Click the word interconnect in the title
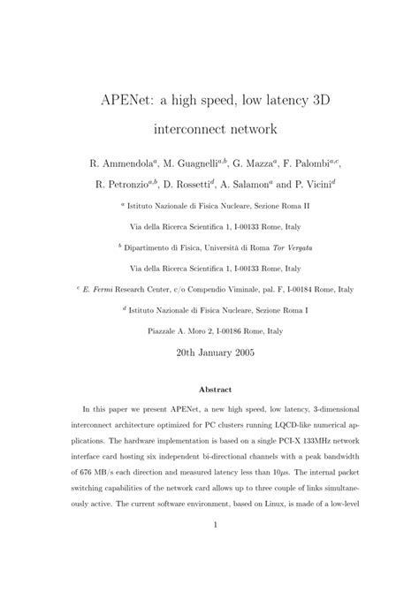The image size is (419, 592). pyautogui.click(x=190, y=129)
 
